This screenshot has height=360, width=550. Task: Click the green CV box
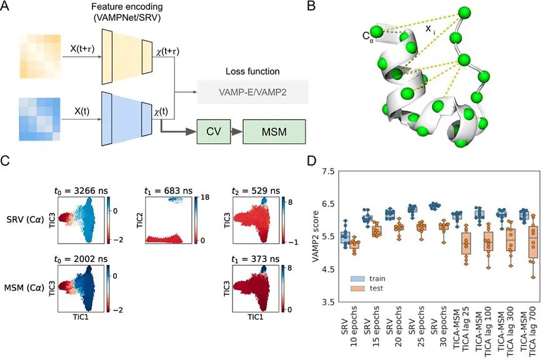tap(214, 132)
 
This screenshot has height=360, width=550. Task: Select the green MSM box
tap(274, 132)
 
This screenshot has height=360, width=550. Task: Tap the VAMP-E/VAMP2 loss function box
tap(252, 92)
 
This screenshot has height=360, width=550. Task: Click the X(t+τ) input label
tap(82, 49)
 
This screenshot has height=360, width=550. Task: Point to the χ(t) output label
tap(161, 111)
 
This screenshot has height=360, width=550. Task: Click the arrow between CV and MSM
tap(237, 132)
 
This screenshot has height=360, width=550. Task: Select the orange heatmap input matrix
tap(41, 56)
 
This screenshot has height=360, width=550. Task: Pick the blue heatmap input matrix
tap(39, 119)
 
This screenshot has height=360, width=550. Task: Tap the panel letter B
tap(311, 6)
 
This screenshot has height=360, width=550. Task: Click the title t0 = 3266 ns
tap(81, 191)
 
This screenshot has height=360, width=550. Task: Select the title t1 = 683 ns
tap(168, 191)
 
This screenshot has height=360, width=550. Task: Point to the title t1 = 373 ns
tap(256, 259)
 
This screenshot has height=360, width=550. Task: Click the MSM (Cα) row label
tap(24, 288)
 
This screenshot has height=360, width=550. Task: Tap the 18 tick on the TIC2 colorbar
tap(205, 197)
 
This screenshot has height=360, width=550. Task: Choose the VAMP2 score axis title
tap(316, 236)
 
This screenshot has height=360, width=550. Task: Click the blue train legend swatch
tap(357, 279)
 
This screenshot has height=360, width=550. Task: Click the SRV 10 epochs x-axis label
tap(349, 326)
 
